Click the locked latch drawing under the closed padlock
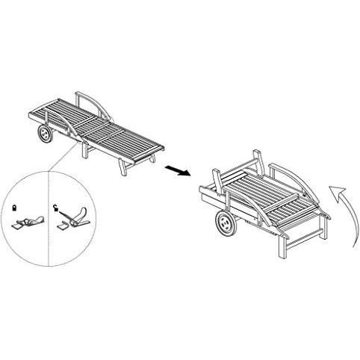[x=28, y=222]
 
